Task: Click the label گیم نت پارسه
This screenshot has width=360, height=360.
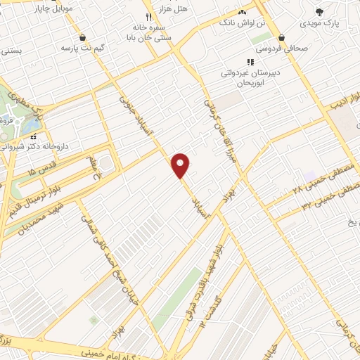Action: [82, 48]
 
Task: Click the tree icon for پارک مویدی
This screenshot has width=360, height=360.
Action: [321, 11]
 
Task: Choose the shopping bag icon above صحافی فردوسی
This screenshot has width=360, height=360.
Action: [281, 37]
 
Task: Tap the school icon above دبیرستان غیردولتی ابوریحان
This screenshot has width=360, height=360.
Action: [250, 62]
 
